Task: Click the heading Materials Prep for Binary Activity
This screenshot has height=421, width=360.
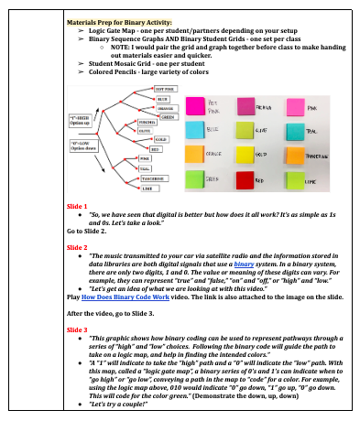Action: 121,22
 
